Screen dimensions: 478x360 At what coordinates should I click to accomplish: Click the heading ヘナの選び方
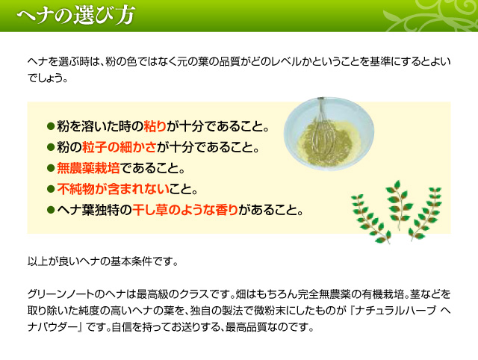coord(76,15)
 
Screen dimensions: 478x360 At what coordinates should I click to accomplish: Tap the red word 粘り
coord(155,126)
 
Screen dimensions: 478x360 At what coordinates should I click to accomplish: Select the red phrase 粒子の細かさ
coord(119,147)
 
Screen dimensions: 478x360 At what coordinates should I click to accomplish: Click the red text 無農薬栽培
coord(88,168)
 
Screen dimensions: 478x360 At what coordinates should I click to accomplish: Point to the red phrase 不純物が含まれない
coord(113,189)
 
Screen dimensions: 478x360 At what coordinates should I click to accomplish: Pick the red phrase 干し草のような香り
coord(185,210)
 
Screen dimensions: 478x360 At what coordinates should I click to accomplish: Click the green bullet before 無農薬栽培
coord(51,168)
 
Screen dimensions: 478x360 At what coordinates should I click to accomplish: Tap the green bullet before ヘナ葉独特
coord(51,210)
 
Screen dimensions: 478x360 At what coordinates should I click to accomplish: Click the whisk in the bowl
coord(323,130)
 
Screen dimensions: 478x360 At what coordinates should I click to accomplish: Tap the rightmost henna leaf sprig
coord(426,214)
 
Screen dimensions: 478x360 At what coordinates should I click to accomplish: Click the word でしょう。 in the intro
coord(48,78)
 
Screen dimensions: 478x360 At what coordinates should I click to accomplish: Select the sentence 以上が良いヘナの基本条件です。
coord(102,261)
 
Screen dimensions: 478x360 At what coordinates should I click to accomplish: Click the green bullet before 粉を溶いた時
coord(51,126)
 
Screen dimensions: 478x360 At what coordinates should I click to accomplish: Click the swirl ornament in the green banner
coord(430,15)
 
